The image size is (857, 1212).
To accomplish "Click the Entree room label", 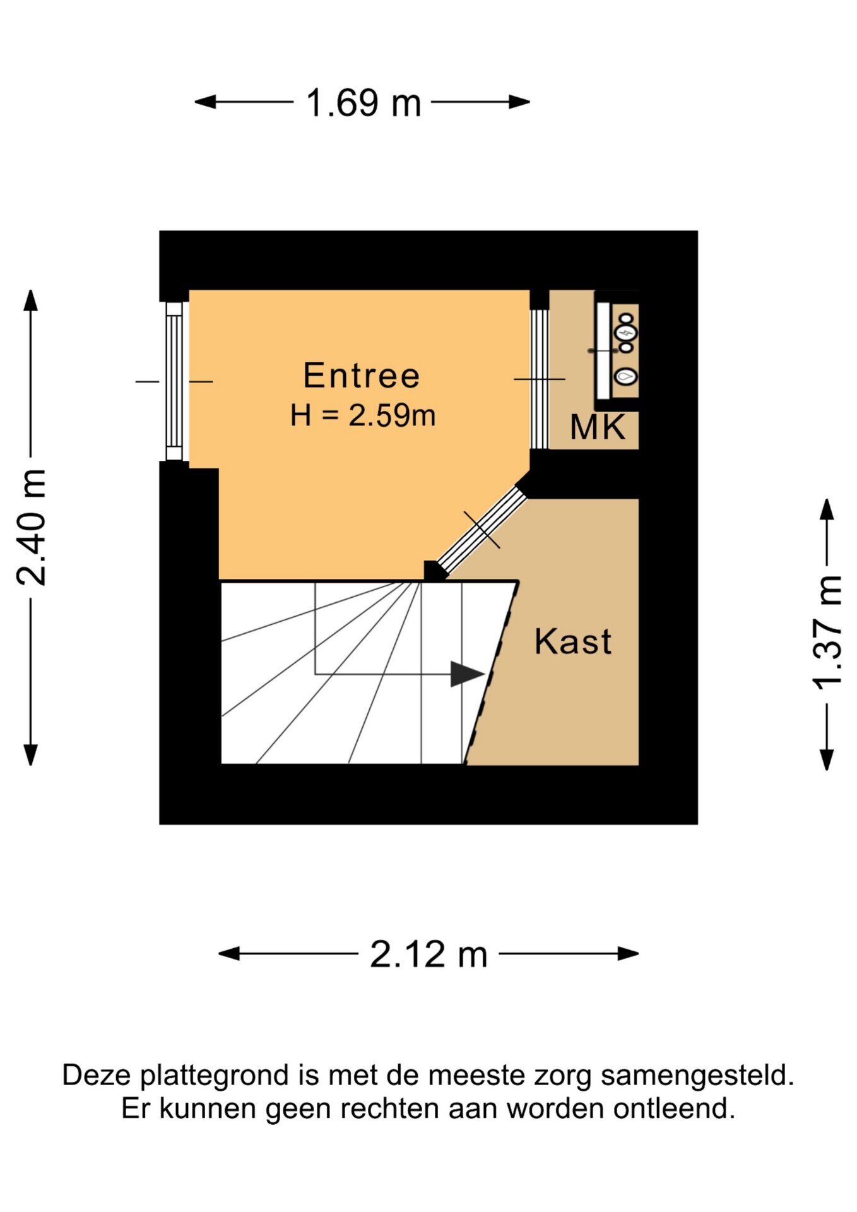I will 362,376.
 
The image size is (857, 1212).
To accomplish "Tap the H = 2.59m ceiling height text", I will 363,416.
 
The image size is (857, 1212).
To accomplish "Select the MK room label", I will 597,427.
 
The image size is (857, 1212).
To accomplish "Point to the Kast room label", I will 573,642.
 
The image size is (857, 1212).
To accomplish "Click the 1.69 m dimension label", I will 363,103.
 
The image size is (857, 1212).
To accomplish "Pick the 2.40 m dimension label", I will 32,528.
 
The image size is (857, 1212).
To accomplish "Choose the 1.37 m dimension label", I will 827,633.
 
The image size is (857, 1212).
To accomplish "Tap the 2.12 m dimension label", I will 428,954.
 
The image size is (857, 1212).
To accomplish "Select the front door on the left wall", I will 174,381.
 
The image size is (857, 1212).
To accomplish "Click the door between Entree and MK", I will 539,379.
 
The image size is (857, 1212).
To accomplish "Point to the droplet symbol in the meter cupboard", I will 625,376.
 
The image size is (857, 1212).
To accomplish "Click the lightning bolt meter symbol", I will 627,332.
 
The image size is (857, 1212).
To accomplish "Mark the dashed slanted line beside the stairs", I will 492,673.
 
